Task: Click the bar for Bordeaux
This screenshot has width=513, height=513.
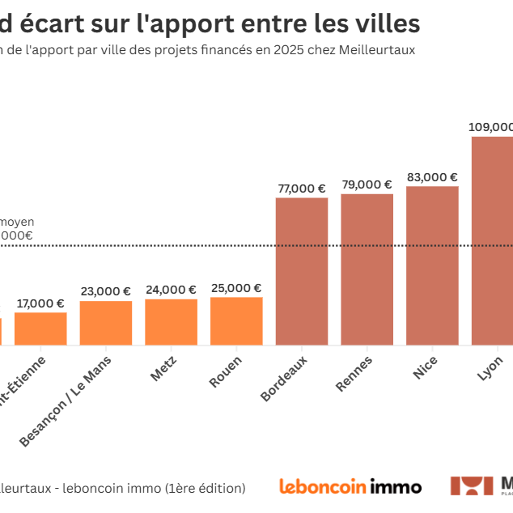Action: (302, 271)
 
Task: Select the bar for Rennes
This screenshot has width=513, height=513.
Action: (367, 269)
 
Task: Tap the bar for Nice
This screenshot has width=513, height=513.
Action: (432, 265)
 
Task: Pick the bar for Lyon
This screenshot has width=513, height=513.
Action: (493, 240)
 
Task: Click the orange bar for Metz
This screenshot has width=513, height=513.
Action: (172, 322)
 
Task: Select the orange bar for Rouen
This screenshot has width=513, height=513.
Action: (236, 321)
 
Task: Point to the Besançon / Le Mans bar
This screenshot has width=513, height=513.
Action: (106, 323)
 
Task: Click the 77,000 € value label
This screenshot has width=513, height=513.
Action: (302, 189)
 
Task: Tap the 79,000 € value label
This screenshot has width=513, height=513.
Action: (367, 184)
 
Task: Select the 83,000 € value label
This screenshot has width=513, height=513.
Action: (432, 177)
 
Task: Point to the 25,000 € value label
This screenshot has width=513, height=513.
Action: (236, 288)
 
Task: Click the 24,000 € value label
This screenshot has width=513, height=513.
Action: (172, 290)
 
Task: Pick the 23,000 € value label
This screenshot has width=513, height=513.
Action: (106, 291)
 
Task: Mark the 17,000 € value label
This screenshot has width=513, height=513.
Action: (40, 303)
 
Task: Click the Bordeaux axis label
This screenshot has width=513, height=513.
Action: (285, 377)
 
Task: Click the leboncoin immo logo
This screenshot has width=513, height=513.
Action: (350, 486)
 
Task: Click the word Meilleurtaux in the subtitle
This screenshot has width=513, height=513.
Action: (379, 49)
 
